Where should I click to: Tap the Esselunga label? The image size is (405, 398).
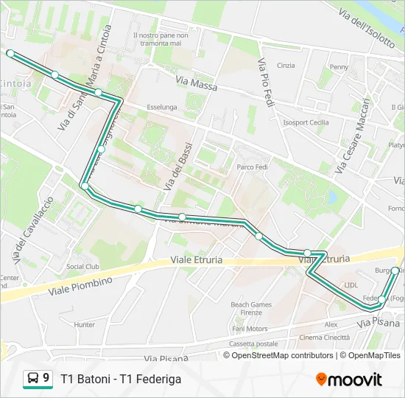coord(161,107)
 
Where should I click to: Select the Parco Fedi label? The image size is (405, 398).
coord(250,167)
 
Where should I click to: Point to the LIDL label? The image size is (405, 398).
coord(351,284)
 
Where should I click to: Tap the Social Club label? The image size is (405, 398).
coord(82,267)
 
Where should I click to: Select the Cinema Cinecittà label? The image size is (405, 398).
coord(325,337)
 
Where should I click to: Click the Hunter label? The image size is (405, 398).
coord(85,324)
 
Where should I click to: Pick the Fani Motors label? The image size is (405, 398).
coord(250,329)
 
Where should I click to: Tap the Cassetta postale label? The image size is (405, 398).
coord(253,343)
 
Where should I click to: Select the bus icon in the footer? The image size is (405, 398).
coord(33,379)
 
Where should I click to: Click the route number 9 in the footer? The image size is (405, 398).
coord(46,378)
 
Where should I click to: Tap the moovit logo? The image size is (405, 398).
coord(349,380)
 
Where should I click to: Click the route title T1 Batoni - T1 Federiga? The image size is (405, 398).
coord(121,379)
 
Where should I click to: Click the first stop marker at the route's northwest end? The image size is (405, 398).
coord(10,53)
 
